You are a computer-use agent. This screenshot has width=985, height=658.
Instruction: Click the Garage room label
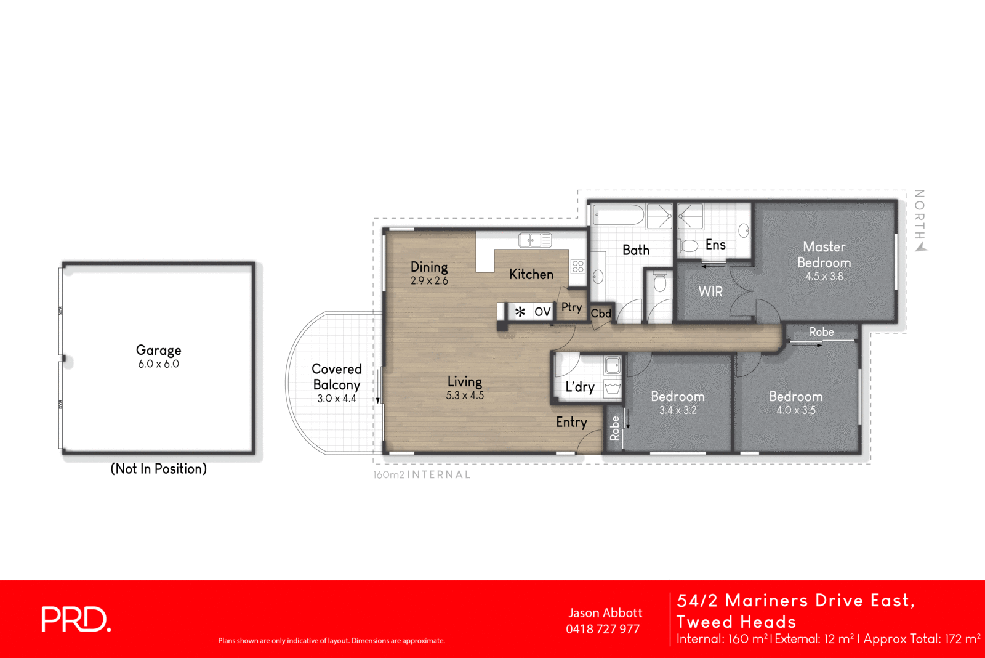[x=158, y=351]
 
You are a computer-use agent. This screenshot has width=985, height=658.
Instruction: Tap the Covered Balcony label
[x=336, y=377]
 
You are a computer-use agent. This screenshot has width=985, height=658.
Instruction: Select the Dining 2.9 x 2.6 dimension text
[x=429, y=281]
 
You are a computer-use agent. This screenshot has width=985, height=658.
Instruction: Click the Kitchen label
[x=531, y=274]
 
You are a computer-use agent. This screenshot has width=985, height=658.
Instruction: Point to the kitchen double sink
[x=534, y=240]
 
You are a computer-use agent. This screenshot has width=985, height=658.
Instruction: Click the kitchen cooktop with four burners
[x=577, y=266]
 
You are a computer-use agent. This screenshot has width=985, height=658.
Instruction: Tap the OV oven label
[x=542, y=312]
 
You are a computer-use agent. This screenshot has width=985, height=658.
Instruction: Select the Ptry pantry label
[x=571, y=307]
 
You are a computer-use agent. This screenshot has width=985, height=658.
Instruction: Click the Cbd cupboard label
[x=601, y=314]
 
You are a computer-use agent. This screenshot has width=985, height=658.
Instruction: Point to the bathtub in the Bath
[x=617, y=216]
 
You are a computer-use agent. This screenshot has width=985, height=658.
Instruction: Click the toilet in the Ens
[x=688, y=246]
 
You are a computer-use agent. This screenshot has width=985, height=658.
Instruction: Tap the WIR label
[x=710, y=291]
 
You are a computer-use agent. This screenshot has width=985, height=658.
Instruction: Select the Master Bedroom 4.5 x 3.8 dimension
[x=824, y=277]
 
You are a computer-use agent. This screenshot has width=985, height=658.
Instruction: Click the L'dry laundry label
[x=580, y=387]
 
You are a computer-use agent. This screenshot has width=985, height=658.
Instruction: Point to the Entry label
[x=571, y=422]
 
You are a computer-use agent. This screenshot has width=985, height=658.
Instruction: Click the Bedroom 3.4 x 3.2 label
[x=677, y=397]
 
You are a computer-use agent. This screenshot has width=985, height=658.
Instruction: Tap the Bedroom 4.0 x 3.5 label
[x=795, y=397]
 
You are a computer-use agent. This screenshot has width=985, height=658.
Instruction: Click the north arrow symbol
[x=922, y=246]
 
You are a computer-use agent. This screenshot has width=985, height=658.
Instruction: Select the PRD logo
[x=76, y=619]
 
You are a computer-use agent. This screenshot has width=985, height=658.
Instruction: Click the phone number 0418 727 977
[x=603, y=629]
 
